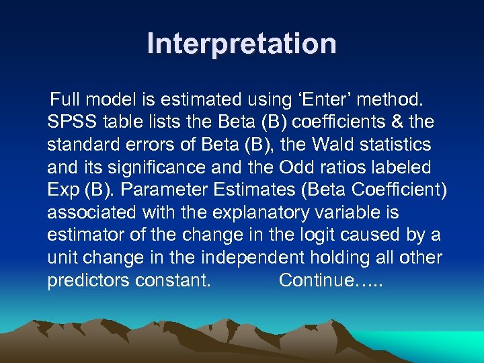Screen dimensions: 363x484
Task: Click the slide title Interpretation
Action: [x=242, y=44]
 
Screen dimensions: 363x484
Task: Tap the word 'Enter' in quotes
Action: [x=321, y=100]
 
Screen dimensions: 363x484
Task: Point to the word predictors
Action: [x=88, y=280]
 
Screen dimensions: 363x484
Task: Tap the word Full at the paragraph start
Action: [x=63, y=100]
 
